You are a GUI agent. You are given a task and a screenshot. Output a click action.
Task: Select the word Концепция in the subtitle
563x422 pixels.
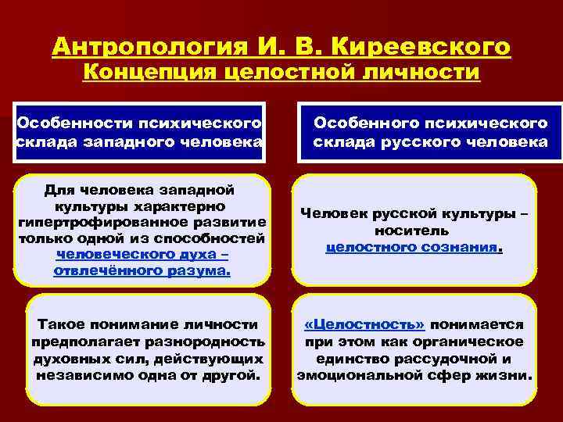point(148,73)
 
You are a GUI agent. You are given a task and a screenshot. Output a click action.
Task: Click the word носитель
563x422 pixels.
point(411,231)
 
